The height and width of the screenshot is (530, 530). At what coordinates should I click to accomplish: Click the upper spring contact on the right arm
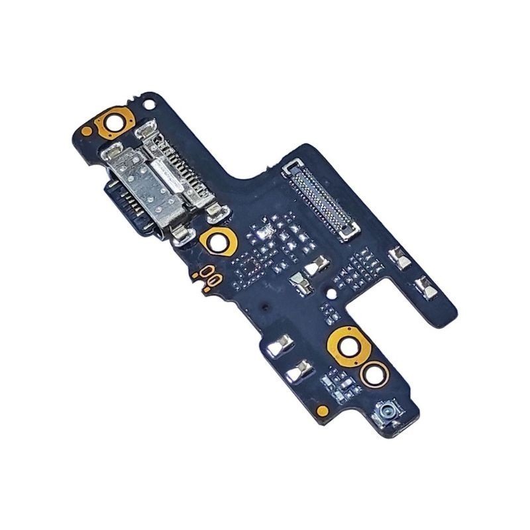pyautogui.click(x=400, y=256)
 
